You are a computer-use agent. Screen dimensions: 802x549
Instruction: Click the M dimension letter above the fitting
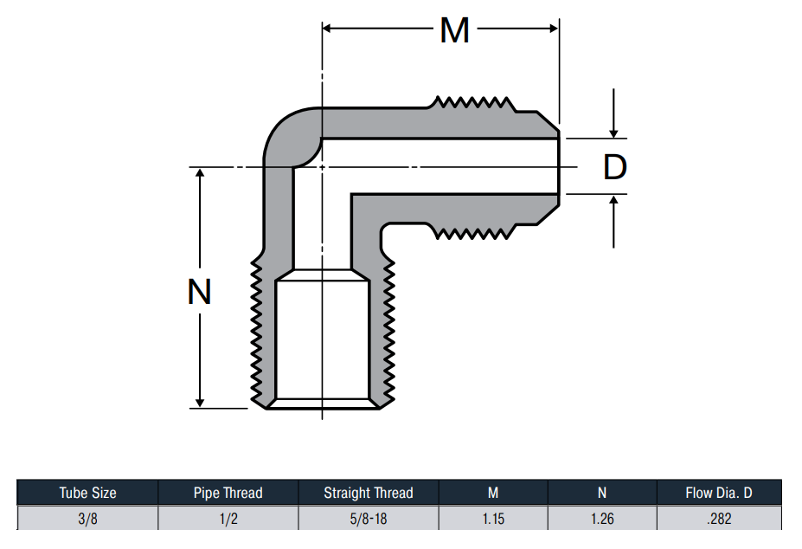(x=455, y=30)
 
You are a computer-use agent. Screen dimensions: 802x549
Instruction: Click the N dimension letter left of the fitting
(x=200, y=292)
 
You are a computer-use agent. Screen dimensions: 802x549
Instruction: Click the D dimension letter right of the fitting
(x=615, y=167)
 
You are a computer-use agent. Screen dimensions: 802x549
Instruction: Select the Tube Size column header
(x=88, y=493)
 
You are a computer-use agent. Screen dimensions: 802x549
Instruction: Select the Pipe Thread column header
(x=228, y=493)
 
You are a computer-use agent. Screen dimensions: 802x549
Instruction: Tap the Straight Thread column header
(x=369, y=493)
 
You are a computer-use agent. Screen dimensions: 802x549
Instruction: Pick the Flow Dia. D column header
(x=719, y=493)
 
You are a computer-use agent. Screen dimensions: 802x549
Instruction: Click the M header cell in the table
(x=493, y=493)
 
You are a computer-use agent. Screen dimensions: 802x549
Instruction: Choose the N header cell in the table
(x=602, y=493)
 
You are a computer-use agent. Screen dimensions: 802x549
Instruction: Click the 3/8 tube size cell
(x=87, y=519)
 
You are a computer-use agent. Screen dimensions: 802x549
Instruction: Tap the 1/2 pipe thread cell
(x=228, y=519)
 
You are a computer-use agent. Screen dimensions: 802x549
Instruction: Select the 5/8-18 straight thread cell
(x=369, y=519)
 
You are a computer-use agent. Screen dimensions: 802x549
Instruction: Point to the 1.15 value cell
(x=493, y=519)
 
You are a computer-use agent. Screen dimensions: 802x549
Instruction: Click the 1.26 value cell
(x=602, y=519)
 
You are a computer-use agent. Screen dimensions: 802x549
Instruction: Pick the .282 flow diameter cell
(x=719, y=519)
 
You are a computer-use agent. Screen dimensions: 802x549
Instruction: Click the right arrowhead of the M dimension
(x=554, y=29)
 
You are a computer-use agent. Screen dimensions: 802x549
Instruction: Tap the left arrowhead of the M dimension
(x=327, y=29)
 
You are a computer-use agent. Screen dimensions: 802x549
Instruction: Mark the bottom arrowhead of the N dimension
(x=200, y=403)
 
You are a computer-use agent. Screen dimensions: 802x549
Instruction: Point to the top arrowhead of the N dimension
(x=200, y=172)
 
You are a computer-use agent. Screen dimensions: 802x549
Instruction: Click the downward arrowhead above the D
(x=613, y=133)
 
